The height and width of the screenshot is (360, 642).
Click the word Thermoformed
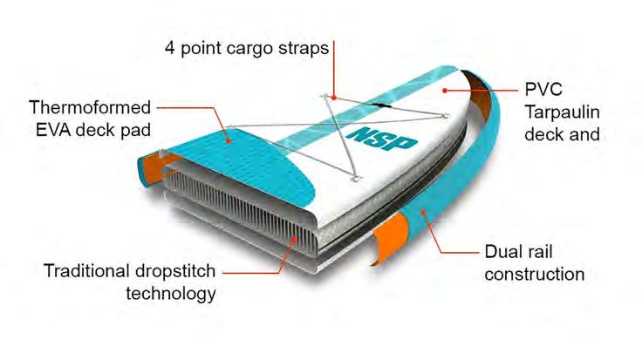click(89, 108)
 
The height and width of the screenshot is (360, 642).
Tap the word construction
click(534, 274)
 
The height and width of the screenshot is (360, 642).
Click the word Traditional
click(86, 270)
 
